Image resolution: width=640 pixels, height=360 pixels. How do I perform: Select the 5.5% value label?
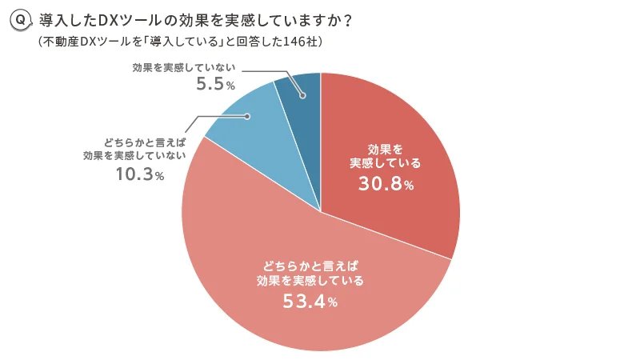tap(215, 83)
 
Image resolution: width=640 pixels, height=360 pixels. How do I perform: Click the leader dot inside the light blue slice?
tap(248, 117)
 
